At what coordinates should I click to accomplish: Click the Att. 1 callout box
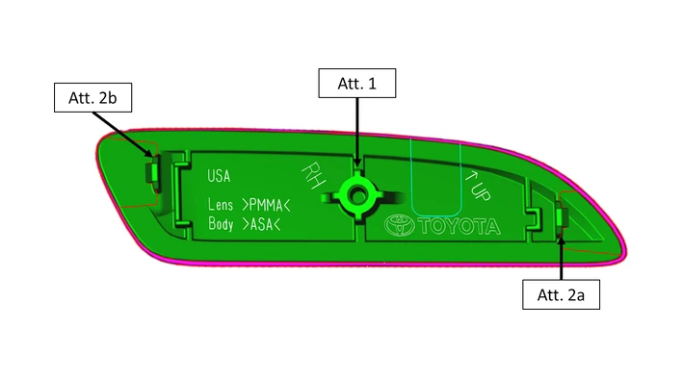[357, 83]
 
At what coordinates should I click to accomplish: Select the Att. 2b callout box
[92, 98]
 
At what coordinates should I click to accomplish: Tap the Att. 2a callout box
[561, 294]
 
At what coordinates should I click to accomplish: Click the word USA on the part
[219, 176]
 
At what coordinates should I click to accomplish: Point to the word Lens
[221, 204]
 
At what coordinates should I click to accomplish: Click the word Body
[221, 223]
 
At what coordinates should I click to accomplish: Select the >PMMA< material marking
[266, 205]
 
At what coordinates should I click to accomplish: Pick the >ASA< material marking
[261, 224]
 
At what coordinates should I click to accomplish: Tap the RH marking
[314, 175]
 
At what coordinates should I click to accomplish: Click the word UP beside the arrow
[482, 190]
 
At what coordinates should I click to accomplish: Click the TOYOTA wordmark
[459, 226]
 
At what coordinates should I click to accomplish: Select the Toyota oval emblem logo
[399, 226]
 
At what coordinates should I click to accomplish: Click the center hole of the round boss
[357, 196]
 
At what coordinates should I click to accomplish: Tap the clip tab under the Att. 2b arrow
[152, 172]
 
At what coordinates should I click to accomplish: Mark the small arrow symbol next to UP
[471, 176]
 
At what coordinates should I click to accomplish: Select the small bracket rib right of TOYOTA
[536, 219]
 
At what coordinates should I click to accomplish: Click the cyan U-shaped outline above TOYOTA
[435, 214]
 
